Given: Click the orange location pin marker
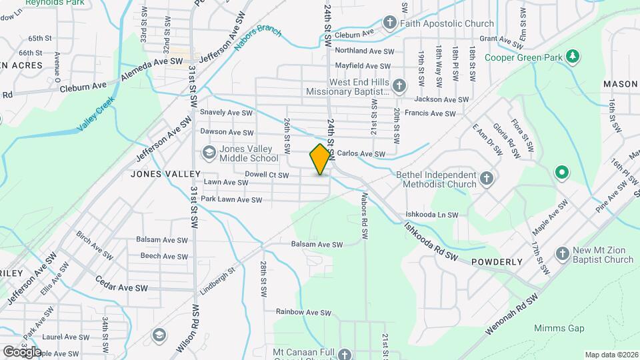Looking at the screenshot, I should [x=321, y=159].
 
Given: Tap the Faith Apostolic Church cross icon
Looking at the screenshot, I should [x=390, y=23].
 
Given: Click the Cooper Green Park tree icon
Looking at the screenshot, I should [x=571, y=56].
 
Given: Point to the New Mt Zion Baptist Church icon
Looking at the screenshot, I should [x=562, y=255].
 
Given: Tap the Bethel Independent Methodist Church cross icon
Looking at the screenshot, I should [x=487, y=178].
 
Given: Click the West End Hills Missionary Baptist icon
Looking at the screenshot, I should [x=399, y=86].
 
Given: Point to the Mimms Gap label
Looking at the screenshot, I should [x=559, y=328].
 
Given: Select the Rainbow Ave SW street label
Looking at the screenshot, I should [x=303, y=312].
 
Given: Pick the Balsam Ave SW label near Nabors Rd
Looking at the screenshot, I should [x=316, y=245].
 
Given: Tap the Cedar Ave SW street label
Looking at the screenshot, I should [x=121, y=284].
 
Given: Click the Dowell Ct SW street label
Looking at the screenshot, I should [x=266, y=175].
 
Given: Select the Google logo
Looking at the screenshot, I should [x=21, y=351].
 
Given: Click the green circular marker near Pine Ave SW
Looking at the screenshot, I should [x=562, y=173].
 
